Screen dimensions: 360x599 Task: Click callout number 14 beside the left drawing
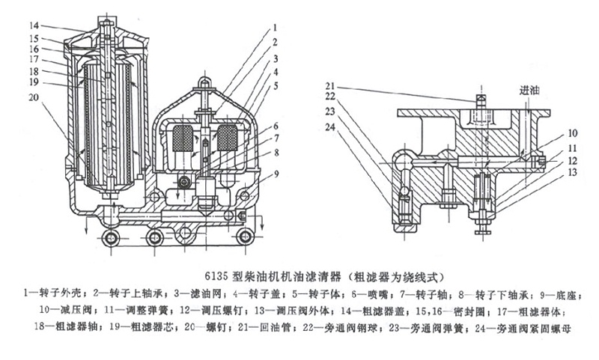(x=34, y=25)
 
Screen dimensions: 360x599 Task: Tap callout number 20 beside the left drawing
(x=34, y=97)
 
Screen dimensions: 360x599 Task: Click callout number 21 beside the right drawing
(x=330, y=85)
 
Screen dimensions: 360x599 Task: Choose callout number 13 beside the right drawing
(x=571, y=173)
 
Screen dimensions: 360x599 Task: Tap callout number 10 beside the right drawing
(x=571, y=132)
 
